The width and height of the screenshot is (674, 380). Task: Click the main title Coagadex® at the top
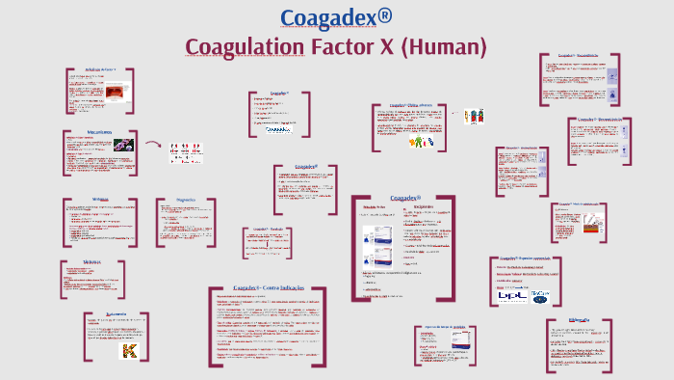337,16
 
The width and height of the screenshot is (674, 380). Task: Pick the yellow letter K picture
126,350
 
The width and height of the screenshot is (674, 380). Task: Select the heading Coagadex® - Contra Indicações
267,288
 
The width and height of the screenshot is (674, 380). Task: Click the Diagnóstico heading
186,200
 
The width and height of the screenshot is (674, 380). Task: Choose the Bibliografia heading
580,318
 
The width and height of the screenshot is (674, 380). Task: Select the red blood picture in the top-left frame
116,95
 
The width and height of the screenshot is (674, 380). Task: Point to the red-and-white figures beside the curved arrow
186,151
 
